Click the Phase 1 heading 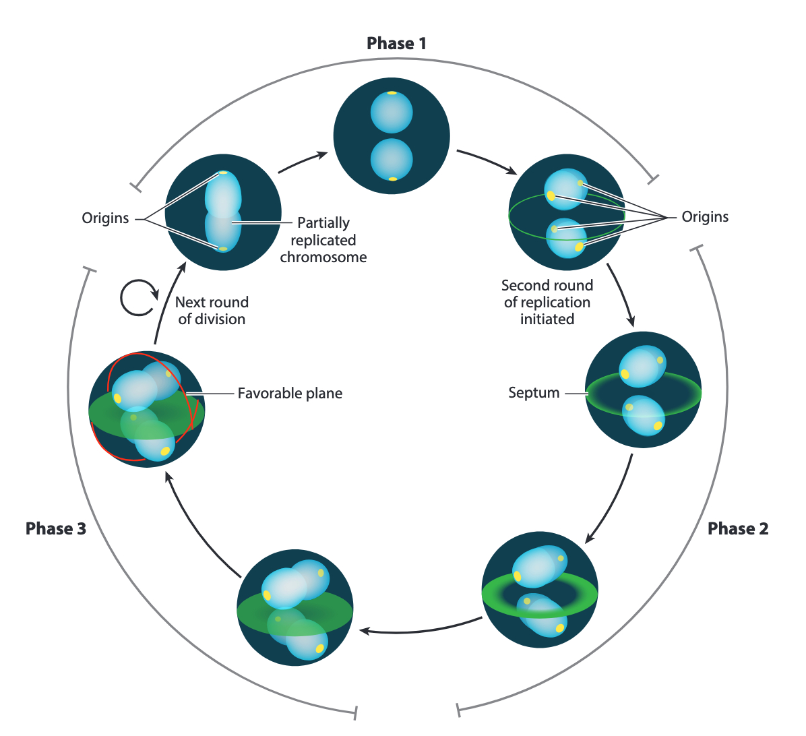(396, 44)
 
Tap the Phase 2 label (737, 529)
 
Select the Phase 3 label (56, 529)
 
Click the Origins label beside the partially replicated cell (105, 218)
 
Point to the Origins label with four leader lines (705, 217)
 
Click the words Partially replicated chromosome (323, 240)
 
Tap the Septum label (534, 393)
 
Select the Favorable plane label (290, 394)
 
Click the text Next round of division (212, 311)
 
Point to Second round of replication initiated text (547, 303)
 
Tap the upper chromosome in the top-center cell (392, 112)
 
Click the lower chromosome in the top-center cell (392, 159)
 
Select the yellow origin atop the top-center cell (392, 93)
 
